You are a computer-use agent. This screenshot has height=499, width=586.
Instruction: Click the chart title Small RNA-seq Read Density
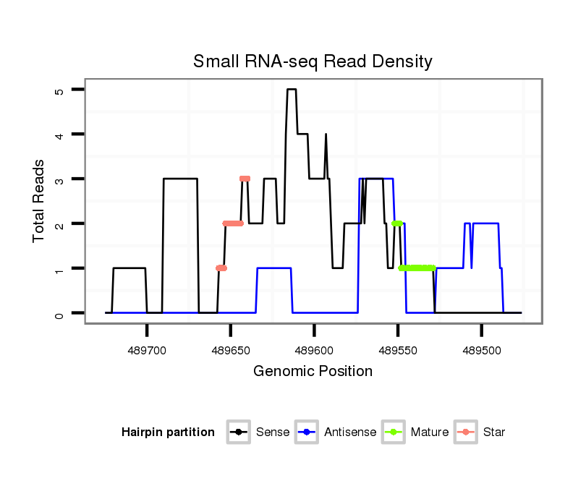(x=313, y=61)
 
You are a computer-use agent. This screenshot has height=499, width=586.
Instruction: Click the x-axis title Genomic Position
(x=313, y=372)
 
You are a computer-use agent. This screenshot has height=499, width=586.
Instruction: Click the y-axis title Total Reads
(x=39, y=201)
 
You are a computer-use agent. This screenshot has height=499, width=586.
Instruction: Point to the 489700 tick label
(x=147, y=349)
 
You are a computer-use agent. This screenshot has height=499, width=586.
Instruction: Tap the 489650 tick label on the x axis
(x=231, y=349)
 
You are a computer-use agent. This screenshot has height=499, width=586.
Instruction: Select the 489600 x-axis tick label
(x=314, y=349)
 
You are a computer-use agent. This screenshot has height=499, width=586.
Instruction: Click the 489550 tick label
(x=398, y=349)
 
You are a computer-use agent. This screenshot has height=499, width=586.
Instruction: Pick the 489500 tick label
(x=482, y=349)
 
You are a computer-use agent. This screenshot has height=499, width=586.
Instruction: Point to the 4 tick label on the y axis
(x=59, y=135)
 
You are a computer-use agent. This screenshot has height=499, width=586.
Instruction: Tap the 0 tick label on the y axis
(x=59, y=313)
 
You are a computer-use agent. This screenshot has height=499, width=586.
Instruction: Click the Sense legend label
(x=273, y=432)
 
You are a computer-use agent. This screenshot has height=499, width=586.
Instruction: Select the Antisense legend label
(x=350, y=432)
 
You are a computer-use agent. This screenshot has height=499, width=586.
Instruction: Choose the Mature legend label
(x=430, y=432)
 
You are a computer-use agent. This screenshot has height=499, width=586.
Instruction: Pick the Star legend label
(x=494, y=432)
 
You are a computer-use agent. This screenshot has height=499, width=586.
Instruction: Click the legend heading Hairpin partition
(x=168, y=432)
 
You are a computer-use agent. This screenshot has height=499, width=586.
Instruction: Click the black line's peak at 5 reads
(x=292, y=90)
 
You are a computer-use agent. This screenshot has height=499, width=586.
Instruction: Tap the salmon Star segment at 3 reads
(x=245, y=179)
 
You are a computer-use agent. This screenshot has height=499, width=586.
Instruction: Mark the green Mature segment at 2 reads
(x=396, y=223)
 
